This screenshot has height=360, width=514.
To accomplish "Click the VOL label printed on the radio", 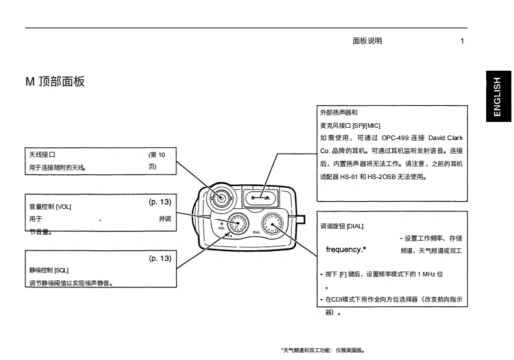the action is pos(221,228).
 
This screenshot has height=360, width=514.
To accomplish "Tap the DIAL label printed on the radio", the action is pos(257,232).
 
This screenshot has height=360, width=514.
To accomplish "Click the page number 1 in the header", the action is pos(462,41).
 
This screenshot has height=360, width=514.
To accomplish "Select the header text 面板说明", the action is pos(367,41).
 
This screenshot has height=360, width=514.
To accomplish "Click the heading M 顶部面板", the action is pos(55,82).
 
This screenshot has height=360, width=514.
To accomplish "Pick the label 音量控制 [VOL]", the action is pos(51,206).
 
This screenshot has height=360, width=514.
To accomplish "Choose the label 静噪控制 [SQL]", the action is pos(49,270).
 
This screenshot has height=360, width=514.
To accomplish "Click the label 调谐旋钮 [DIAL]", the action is pos(342,226).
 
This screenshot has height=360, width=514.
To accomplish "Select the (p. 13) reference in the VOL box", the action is pos(160,202).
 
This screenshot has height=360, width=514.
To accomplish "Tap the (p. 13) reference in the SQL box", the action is pos(160,258).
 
